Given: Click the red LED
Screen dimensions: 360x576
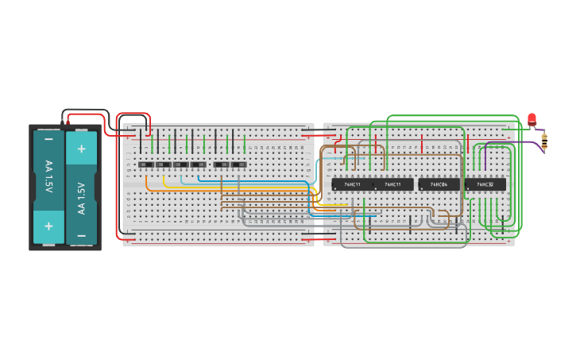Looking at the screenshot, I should (x=532, y=119).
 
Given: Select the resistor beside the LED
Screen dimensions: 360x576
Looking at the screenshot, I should (x=544, y=141).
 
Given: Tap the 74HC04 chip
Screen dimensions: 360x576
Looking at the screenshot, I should (x=439, y=184).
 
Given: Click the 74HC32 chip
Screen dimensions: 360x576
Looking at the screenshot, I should (x=485, y=184).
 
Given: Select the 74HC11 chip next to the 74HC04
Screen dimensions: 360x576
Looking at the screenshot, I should (x=394, y=184).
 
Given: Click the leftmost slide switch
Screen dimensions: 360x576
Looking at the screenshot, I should (x=146, y=165).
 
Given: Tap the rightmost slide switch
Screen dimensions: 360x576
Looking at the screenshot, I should (x=238, y=165).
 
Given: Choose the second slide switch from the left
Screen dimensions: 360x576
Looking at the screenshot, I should (x=164, y=165).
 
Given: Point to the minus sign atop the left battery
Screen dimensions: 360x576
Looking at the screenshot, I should (x=48, y=139).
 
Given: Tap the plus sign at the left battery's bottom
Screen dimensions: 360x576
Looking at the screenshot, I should (x=48, y=226).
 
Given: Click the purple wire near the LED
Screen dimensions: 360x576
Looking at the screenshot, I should (x=508, y=142).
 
